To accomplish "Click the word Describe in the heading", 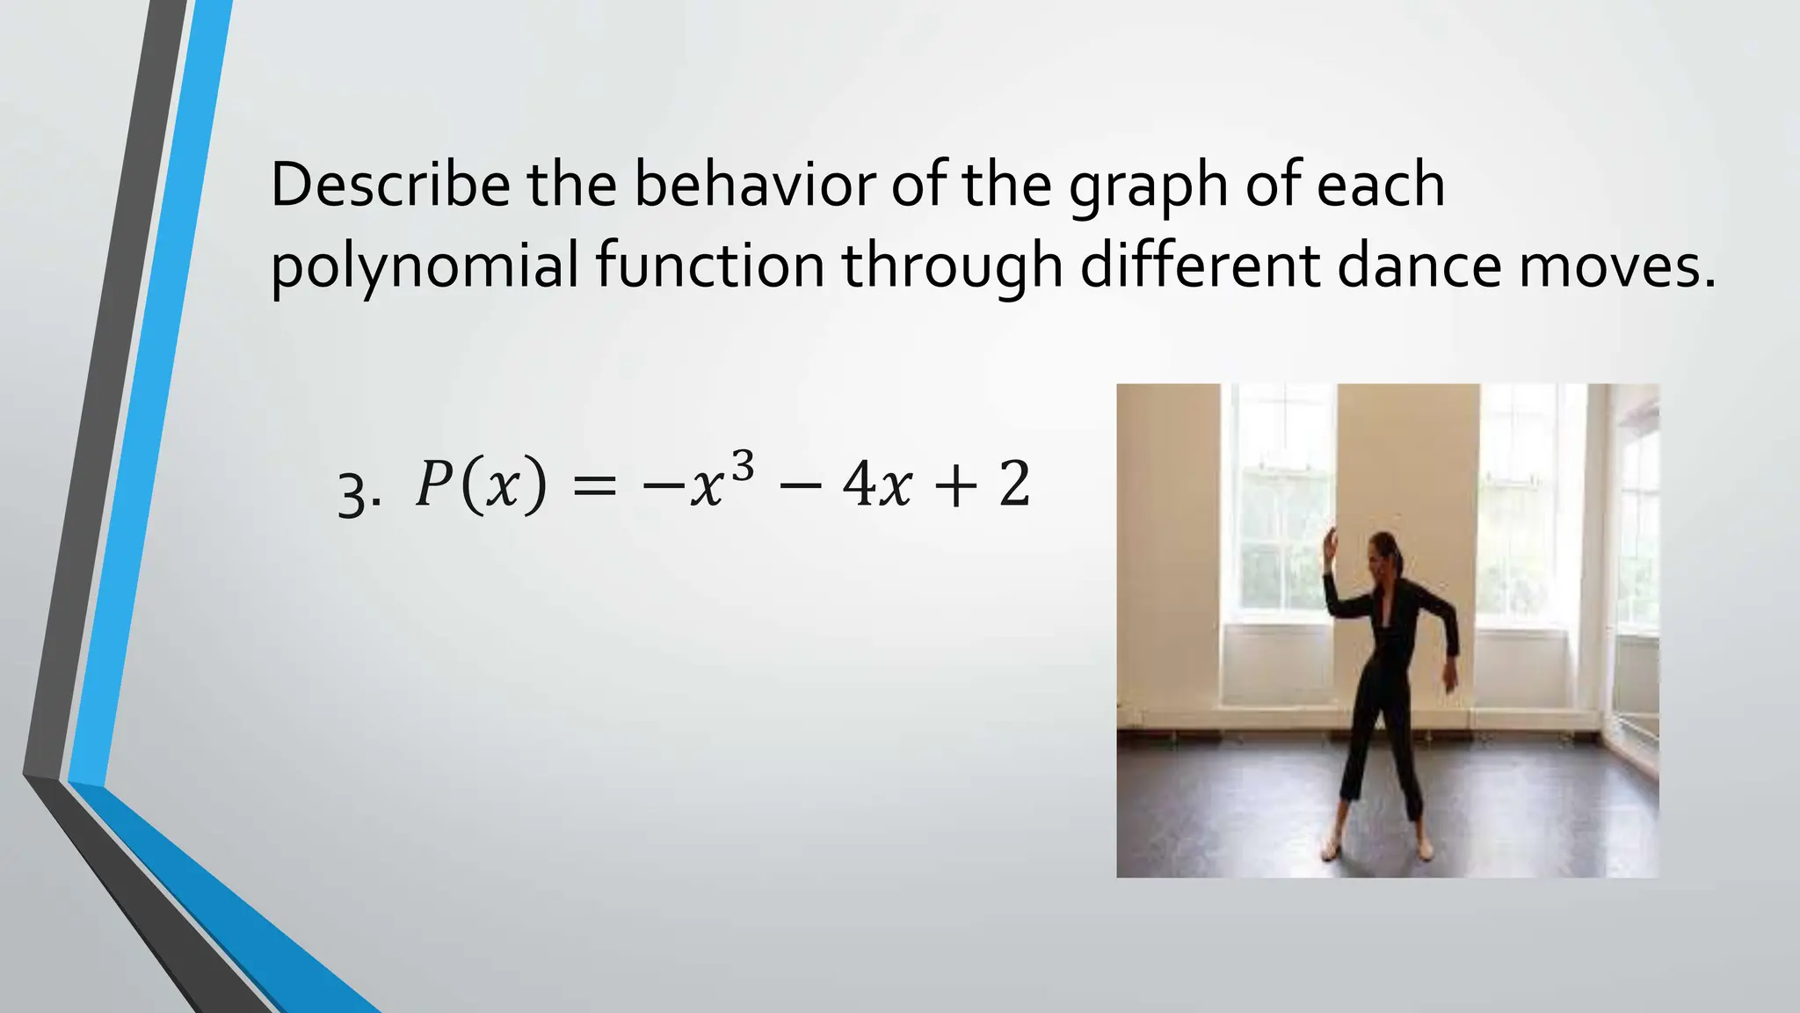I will (x=389, y=185).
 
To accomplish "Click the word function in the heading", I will (x=710, y=266).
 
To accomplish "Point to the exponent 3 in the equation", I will (x=743, y=468).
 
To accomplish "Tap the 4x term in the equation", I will (x=876, y=485).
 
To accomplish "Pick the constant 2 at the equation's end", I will (x=1014, y=485).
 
